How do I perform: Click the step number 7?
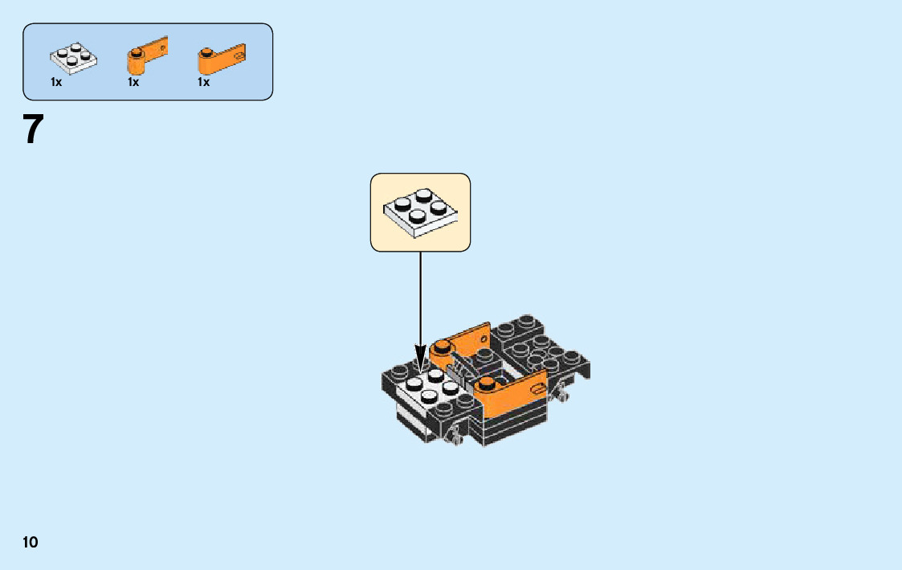point(32,129)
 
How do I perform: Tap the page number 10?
point(30,542)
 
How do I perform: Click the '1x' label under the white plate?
point(56,82)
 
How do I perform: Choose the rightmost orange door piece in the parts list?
point(220,59)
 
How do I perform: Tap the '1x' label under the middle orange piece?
point(133,82)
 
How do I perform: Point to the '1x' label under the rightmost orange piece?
point(204,82)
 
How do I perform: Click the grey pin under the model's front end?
point(455,435)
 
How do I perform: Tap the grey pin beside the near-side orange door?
point(562,395)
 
